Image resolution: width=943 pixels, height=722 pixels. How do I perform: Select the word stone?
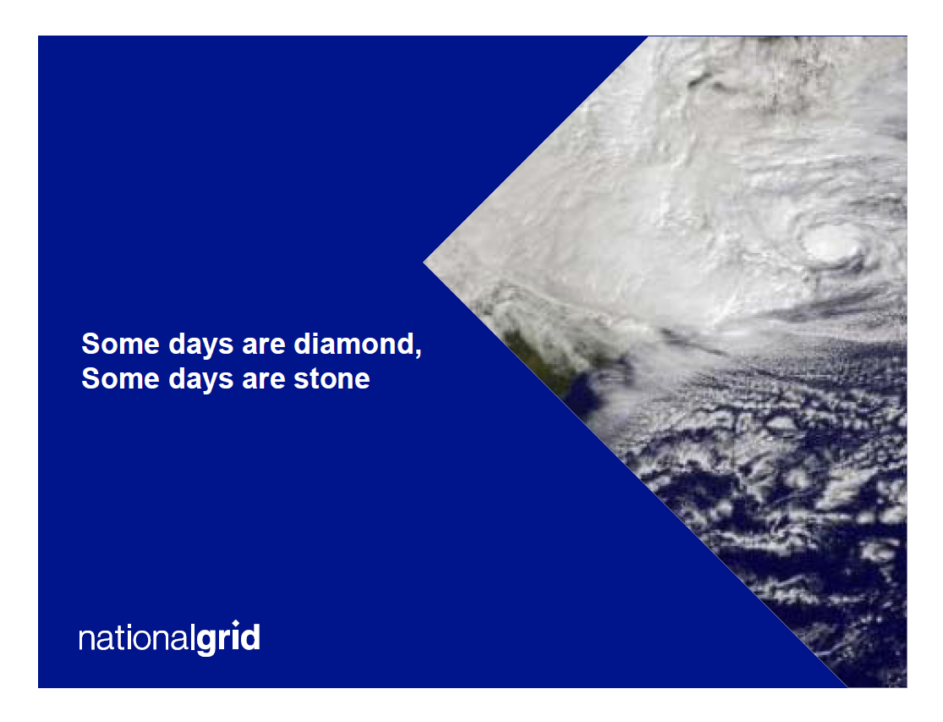tap(332, 379)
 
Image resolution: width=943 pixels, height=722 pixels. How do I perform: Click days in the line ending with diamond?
tap(201, 344)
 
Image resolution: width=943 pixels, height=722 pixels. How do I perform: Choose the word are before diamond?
tap(263, 346)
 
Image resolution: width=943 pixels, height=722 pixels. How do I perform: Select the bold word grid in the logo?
tap(228, 638)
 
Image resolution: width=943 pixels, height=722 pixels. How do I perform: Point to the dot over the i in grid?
tap(236, 623)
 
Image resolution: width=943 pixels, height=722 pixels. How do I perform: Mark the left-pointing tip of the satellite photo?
tap(424, 262)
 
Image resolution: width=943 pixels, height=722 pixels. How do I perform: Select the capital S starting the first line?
tap(90, 344)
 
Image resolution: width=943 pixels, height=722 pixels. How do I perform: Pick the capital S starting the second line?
tap(90, 379)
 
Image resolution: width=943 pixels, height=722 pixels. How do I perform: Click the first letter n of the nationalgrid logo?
tap(86, 640)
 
